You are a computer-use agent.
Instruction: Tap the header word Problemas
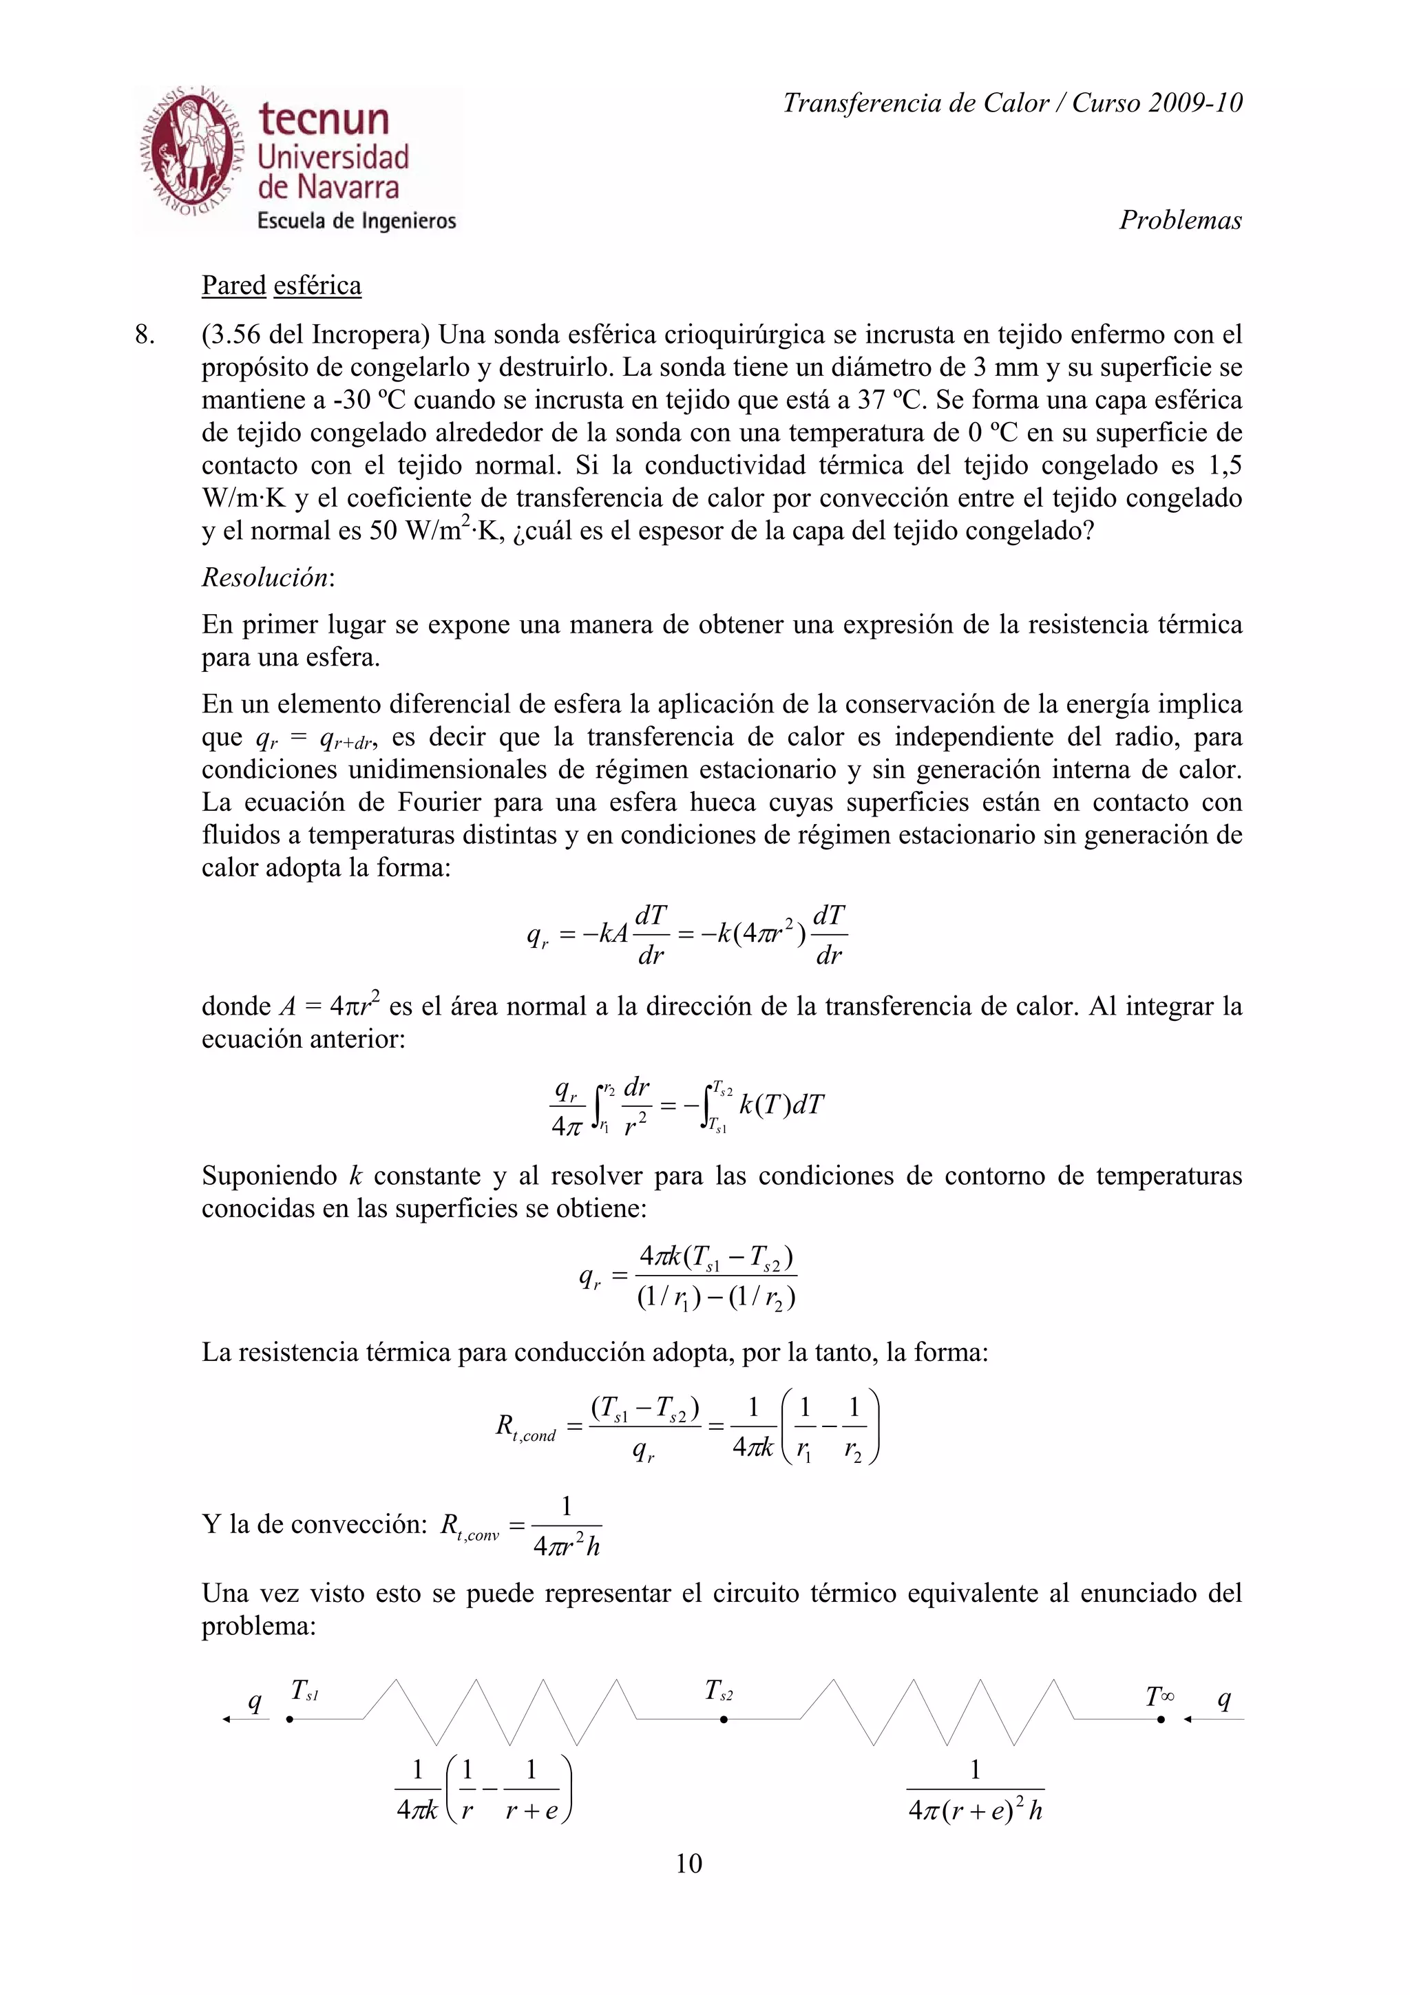click(x=1180, y=220)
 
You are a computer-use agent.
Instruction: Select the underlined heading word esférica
click(x=317, y=286)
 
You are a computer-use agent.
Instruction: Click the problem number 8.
click(x=145, y=335)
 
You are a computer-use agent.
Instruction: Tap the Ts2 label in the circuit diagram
click(x=719, y=1690)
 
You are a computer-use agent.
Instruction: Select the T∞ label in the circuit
click(x=1160, y=1696)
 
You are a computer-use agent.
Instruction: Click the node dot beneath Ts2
click(x=723, y=1719)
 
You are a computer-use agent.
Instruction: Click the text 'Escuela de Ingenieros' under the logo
click(x=356, y=221)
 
